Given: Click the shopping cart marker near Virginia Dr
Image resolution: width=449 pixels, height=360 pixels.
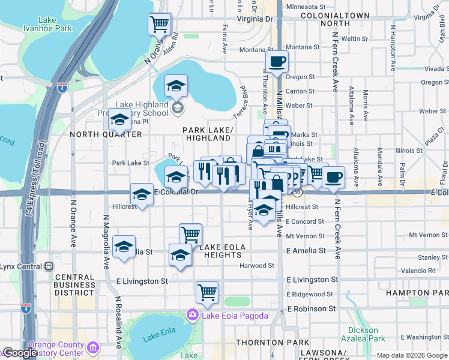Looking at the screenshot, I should pyautogui.click(x=160, y=25).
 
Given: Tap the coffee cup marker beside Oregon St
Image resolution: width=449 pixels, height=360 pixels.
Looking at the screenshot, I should pyautogui.click(x=277, y=62).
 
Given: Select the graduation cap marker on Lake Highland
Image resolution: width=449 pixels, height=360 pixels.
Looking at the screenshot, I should pyautogui.click(x=176, y=86).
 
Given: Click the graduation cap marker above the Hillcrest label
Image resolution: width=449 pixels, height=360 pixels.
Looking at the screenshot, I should pyautogui.click(x=142, y=194).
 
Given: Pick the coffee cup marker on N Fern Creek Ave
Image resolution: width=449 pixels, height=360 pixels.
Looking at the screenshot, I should pyautogui.click(x=334, y=178).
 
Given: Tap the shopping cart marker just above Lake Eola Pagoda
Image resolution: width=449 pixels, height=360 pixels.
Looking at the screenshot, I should pyautogui.click(x=207, y=293).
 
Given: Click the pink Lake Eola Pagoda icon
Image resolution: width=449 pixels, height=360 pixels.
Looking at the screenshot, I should pyautogui.click(x=192, y=314).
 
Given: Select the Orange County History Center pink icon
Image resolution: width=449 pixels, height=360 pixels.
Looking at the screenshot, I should pyautogui.click(x=92, y=348).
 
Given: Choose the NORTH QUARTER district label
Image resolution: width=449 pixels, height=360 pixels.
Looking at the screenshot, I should pyautogui.click(x=106, y=134).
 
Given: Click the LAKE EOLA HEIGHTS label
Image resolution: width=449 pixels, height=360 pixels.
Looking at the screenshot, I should pyautogui.click(x=222, y=251).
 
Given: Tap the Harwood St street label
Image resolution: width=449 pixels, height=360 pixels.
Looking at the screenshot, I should pyautogui.click(x=256, y=265).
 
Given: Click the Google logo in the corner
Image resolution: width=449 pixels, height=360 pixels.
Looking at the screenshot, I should pyautogui.click(x=20, y=353).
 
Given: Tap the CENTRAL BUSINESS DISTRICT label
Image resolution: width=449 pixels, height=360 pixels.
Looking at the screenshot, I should pyautogui.click(x=74, y=286).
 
